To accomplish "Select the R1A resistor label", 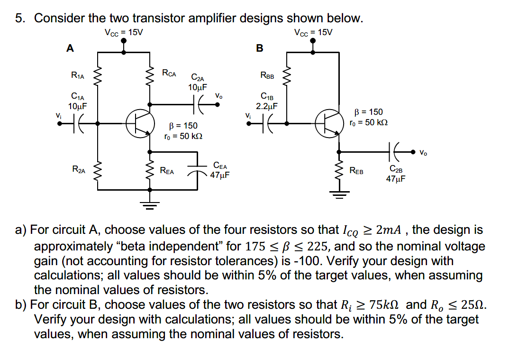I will click(78, 74).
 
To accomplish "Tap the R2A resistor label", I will click(79, 169).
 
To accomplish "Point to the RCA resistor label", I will click(169, 73).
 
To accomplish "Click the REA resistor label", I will click(167, 170).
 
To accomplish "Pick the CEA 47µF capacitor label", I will click(220, 170).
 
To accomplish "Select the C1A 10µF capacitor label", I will click(77, 102).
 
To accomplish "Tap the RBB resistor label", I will click(267, 74).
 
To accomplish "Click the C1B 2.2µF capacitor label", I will click(267, 102).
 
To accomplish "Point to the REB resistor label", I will click(356, 170).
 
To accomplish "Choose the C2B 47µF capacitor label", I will click(396, 173).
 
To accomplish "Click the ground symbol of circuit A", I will click(150, 205).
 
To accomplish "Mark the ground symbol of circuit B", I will click(339, 192).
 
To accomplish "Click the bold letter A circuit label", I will click(70, 48).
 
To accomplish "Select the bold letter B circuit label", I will click(259, 48).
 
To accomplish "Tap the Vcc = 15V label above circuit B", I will click(313, 32).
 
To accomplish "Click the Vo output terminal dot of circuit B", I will click(412, 152).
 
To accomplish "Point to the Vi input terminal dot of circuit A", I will click(60, 123).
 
